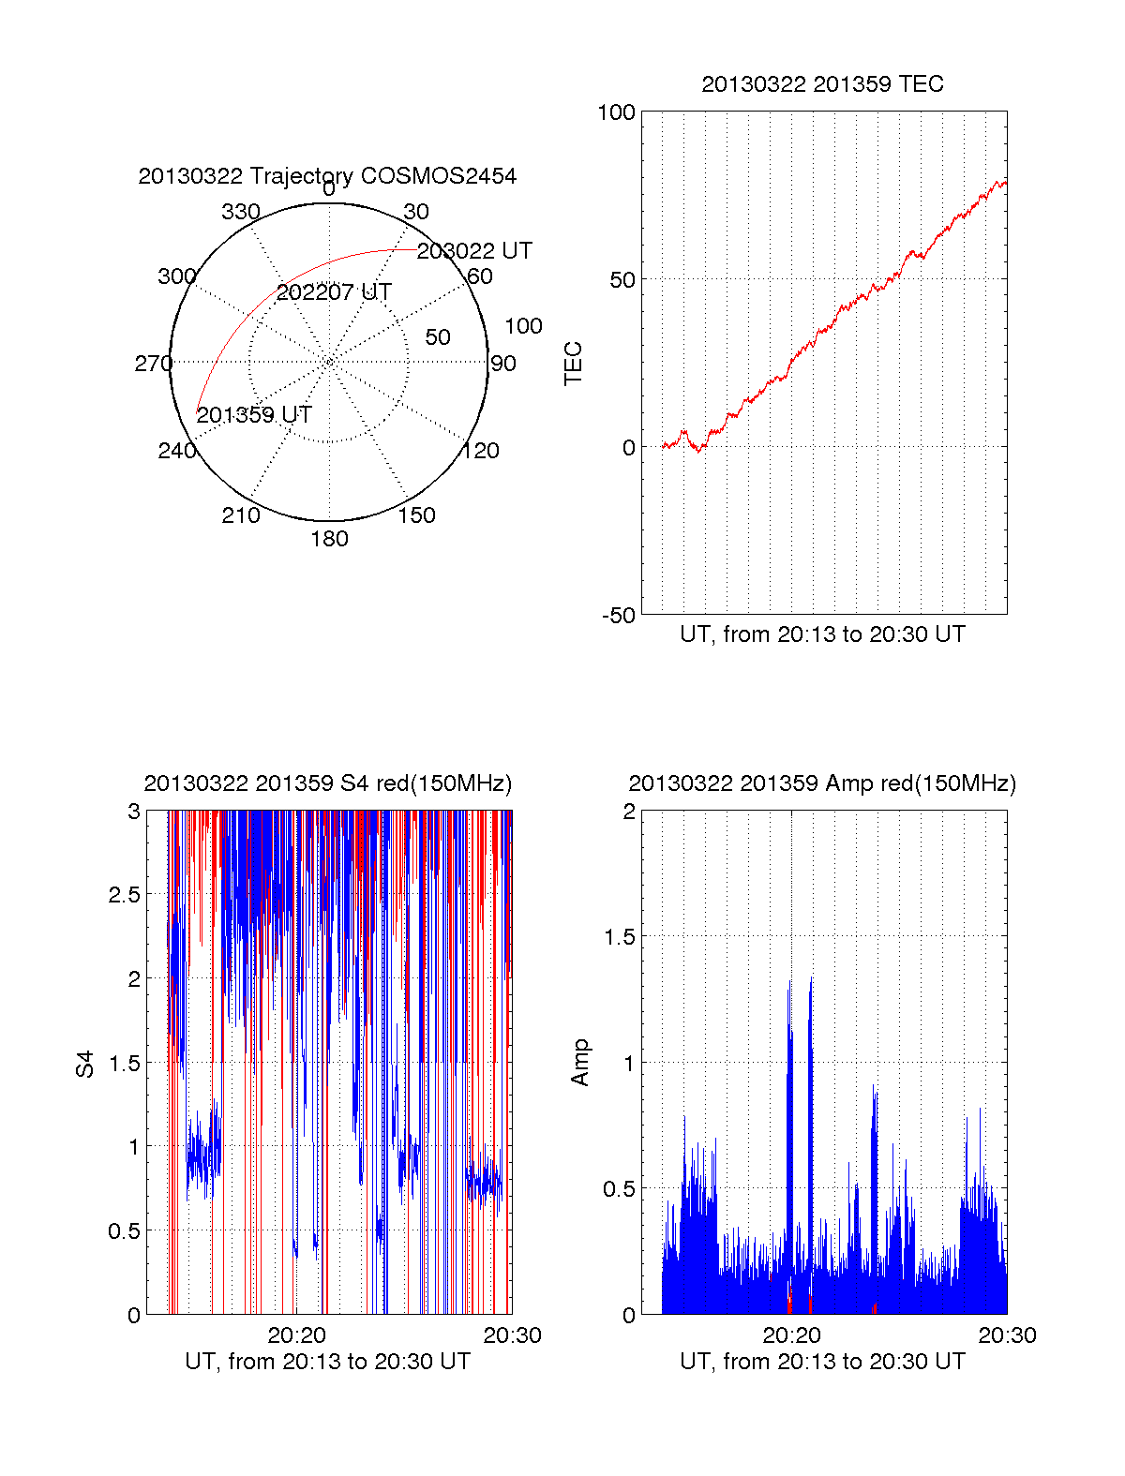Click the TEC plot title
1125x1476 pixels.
[x=822, y=84]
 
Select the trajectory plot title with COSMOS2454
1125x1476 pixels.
[x=327, y=176]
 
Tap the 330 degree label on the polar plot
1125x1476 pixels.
[x=241, y=212]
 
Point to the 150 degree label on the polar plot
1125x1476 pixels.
[x=416, y=515]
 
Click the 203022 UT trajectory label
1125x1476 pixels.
[x=474, y=251]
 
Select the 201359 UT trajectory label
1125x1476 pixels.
[x=254, y=415]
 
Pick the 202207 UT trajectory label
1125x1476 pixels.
[x=334, y=292]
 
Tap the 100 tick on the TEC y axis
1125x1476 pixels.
[x=616, y=112]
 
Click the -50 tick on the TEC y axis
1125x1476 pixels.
[x=619, y=616]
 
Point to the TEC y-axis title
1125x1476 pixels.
[x=574, y=364]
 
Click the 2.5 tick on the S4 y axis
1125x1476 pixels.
[x=125, y=895]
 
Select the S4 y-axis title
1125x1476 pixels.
[x=85, y=1065]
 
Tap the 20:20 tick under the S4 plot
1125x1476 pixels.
[x=296, y=1335]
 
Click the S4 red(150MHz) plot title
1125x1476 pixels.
[x=327, y=783]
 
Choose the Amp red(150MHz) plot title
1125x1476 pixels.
[x=822, y=783]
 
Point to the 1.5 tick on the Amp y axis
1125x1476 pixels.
[x=619, y=937]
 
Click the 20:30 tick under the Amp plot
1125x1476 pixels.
[x=1007, y=1335]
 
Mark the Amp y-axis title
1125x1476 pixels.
[x=580, y=1063]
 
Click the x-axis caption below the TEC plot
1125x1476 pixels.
[x=822, y=634]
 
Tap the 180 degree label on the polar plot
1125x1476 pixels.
[x=329, y=539]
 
